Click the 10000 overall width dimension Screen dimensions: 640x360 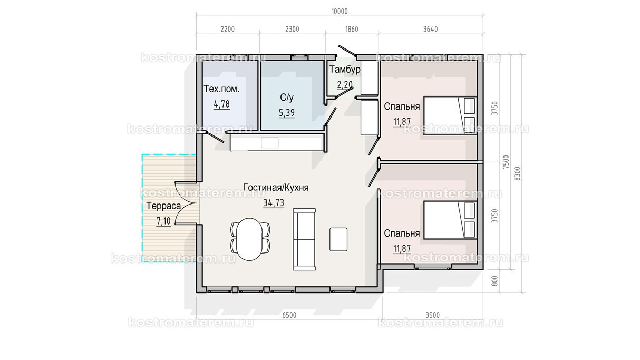point(340,12)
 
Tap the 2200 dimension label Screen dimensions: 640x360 point(227,29)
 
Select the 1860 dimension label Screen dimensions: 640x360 point(352,29)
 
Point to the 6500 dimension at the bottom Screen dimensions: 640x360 point(289,315)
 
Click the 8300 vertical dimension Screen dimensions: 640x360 point(517,173)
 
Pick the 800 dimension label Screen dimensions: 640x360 point(495,281)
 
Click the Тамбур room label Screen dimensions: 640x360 point(345,70)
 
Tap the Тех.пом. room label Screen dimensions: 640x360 point(221,89)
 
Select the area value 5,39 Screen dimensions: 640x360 point(287,113)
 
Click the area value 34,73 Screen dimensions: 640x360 point(274,203)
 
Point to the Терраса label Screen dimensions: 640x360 point(164,206)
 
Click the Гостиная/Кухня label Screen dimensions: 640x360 point(276,188)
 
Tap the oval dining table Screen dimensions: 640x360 point(249,239)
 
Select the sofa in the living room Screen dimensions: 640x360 point(304,239)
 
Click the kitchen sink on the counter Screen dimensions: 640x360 point(270,142)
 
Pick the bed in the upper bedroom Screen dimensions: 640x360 point(450,115)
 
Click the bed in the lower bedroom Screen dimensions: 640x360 point(450,220)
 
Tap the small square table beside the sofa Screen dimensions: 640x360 point(338,239)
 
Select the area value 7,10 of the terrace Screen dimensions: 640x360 point(163,221)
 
